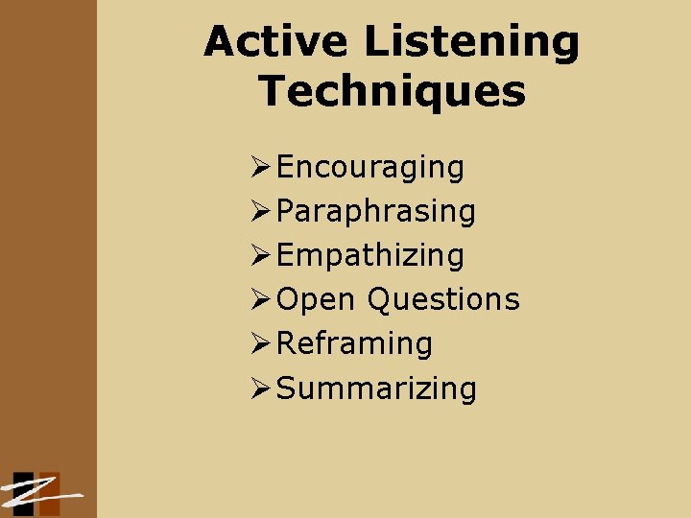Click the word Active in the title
pos(276,42)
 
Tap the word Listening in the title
pos(472,42)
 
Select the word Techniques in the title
pos(393,92)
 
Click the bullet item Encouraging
pos(370,168)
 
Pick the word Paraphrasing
pos(376,212)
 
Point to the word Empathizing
pos(370,256)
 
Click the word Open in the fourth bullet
pos(316,300)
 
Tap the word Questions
pos(443,299)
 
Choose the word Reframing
pos(354,343)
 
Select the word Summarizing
pos(376,388)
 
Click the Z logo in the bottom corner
pos(38,494)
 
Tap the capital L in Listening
pos(377,42)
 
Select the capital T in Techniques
pos(274,92)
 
